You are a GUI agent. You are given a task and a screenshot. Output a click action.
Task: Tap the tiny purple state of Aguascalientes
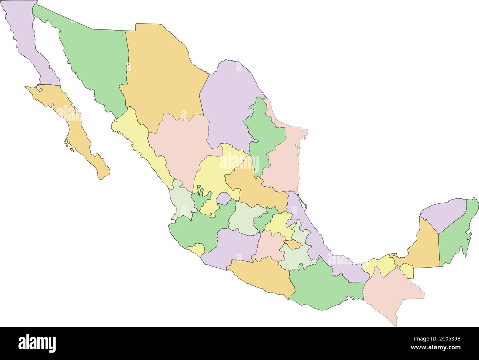point(223,198)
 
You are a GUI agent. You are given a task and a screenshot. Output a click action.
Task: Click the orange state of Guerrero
point(262,276)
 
